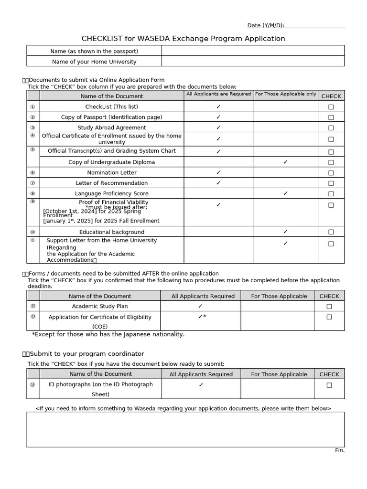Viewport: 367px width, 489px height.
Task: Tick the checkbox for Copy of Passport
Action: point(331,117)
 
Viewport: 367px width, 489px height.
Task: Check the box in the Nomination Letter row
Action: point(331,173)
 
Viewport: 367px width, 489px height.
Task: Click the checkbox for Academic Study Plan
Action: point(329,307)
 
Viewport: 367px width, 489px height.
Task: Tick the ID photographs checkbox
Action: point(329,385)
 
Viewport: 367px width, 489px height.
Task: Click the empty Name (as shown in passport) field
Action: point(253,51)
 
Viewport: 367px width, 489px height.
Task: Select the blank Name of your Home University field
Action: point(253,61)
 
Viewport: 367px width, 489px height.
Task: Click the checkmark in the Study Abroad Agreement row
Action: point(218,128)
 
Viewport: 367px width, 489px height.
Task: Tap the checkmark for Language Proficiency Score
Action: point(285,193)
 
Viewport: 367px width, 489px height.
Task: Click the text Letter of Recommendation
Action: point(111,183)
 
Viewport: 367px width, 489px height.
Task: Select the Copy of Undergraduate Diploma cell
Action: point(111,162)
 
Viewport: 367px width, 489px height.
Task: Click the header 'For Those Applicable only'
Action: point(285,94)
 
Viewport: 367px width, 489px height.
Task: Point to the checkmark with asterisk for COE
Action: point(202,317)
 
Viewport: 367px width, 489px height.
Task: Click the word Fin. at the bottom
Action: point(339,450)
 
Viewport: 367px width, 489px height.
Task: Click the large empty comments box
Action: point(185,429)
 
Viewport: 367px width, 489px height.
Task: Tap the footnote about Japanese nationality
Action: point(108,334)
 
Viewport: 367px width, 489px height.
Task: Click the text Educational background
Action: point(111,232)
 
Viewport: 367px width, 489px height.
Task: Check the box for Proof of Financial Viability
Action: point(331,205)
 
